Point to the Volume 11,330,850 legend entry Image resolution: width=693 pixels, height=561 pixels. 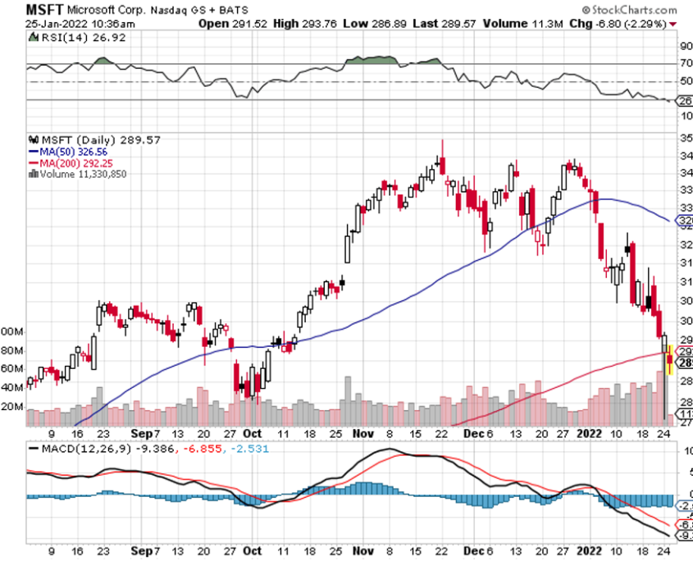point(83,173)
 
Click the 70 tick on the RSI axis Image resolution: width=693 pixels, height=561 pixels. point(685,63)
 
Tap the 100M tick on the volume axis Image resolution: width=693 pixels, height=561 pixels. point(11,332)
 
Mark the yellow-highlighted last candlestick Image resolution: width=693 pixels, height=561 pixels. point(670,359)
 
